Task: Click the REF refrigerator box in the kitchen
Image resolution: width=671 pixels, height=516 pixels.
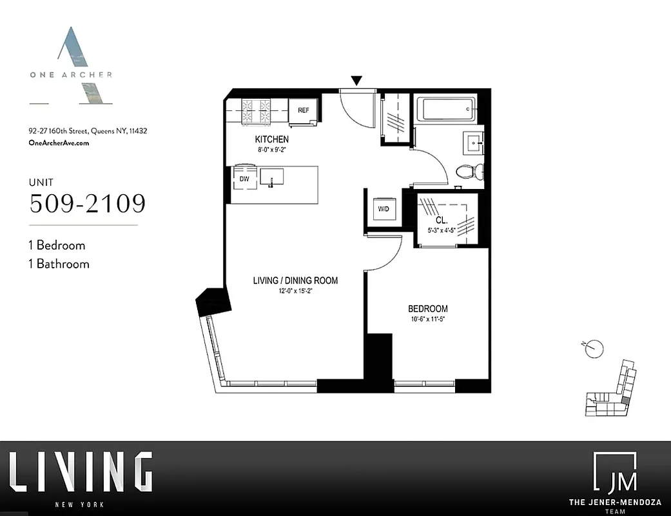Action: tap(303, 110)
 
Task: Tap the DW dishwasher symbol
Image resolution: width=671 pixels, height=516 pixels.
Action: tap(244, 178)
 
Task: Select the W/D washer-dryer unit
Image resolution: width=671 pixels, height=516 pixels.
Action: tap(383, 209)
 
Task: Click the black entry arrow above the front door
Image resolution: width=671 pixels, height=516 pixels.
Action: tap(356, 81)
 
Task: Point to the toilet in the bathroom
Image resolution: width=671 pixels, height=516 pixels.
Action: tap(469, 172)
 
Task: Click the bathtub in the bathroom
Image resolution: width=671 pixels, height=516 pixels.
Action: tap(446, 109)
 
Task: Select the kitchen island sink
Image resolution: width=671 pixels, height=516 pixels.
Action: tap(271, 176)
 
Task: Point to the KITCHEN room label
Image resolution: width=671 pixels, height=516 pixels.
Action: tap(271, 139)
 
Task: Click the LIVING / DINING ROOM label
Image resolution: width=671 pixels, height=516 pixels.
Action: tap(295, 281)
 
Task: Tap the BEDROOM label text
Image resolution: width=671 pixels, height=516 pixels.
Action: tap(427, 309)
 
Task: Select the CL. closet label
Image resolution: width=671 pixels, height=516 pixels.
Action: tap(442, 220)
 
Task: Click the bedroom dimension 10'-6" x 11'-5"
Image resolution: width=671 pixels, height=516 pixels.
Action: tap(427, 319)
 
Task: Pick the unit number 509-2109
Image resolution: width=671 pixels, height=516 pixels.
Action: tap(88, 203)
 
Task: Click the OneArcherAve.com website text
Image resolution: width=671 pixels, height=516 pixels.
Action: tap(59, 143)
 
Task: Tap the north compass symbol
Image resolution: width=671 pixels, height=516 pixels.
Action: tap(594, 349)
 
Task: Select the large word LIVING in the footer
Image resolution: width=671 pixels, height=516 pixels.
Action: tap(81, 473)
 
